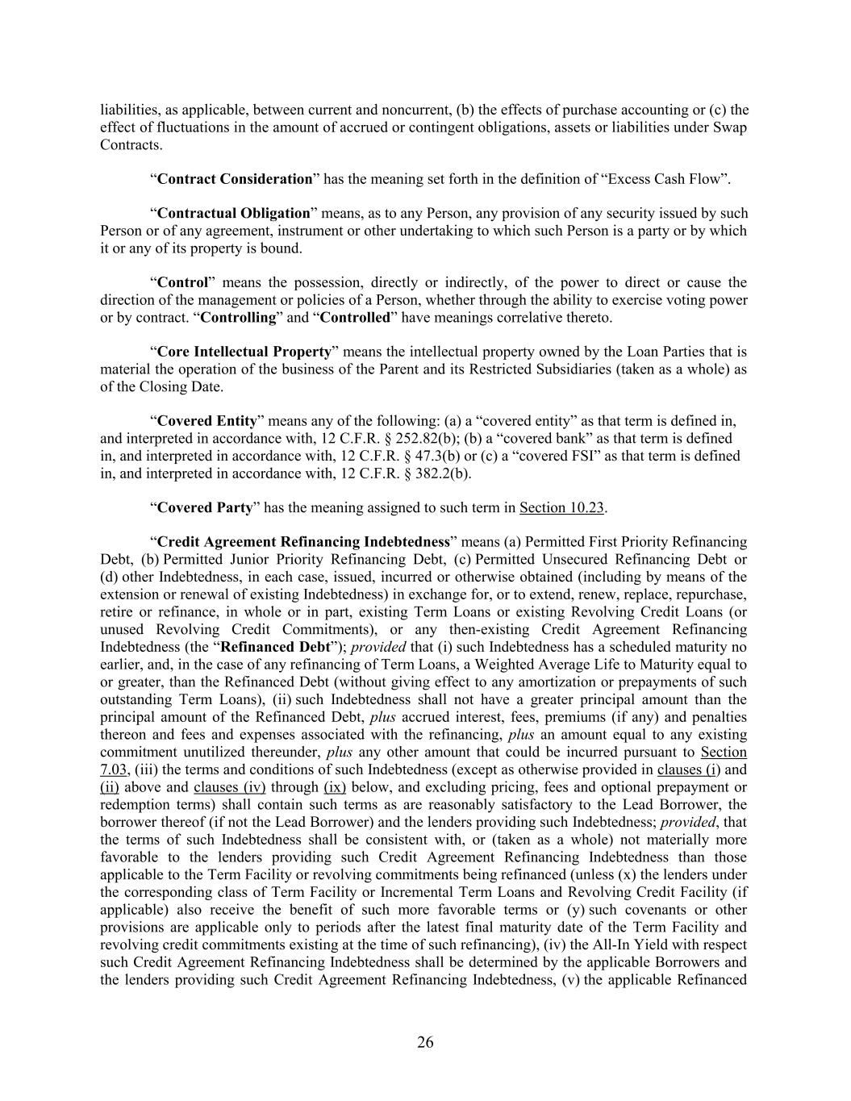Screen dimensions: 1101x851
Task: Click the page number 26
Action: (425, 1042)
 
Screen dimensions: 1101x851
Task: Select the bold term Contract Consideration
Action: (235, 179)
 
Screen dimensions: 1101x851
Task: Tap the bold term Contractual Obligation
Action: (234, 214)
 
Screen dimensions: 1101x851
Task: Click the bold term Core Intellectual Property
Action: (244, 352)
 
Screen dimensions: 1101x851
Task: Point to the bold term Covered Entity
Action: (207, 421)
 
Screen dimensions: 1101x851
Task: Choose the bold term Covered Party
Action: (205, 507)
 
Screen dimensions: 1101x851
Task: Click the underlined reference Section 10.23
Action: (562, 507)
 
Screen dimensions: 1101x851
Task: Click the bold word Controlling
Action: (238, 317)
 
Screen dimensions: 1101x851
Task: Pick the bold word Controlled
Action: (355, 317)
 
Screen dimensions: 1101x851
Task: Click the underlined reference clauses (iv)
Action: (230, 787)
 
